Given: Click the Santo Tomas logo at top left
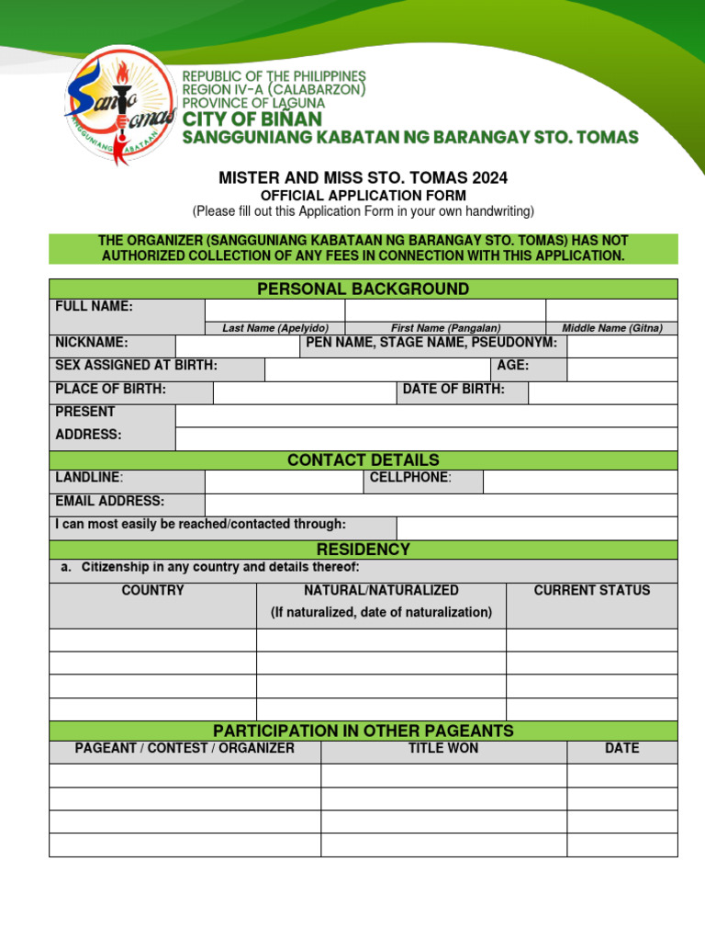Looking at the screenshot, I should (x=119, y=106).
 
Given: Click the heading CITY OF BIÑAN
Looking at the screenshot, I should (x=252, y=119).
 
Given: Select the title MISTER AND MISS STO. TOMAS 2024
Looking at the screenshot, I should (x=363, y=177).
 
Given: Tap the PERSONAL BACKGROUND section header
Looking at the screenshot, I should (x=363, y=289).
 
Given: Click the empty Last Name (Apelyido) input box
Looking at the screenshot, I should (x=274, y=310).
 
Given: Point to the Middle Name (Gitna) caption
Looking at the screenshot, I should (x=611, y=328).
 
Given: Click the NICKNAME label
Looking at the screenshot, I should (x=92, y=343).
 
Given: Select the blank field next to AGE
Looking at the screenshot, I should (x=621, y=369).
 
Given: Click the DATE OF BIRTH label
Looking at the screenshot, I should (x=453, y=389).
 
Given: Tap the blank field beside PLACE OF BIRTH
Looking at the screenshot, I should (x=304, y=392).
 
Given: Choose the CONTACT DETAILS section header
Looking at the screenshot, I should (x=363, y=460).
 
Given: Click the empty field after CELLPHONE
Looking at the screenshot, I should (x=579, y=482).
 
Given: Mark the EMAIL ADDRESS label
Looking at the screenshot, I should (x=110, y=501).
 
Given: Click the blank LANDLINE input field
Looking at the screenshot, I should (x=284, y=482).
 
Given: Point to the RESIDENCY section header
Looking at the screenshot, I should (x=363, y=550).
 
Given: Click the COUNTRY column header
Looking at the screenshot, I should (x=152, y=591).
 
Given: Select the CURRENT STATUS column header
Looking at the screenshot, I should (x=591, y=591).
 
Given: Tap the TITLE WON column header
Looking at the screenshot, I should (x=443, y=749).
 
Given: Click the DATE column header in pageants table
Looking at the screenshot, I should (x=621, y=749).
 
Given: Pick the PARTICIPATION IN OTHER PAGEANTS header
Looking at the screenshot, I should (x=363, y=731).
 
